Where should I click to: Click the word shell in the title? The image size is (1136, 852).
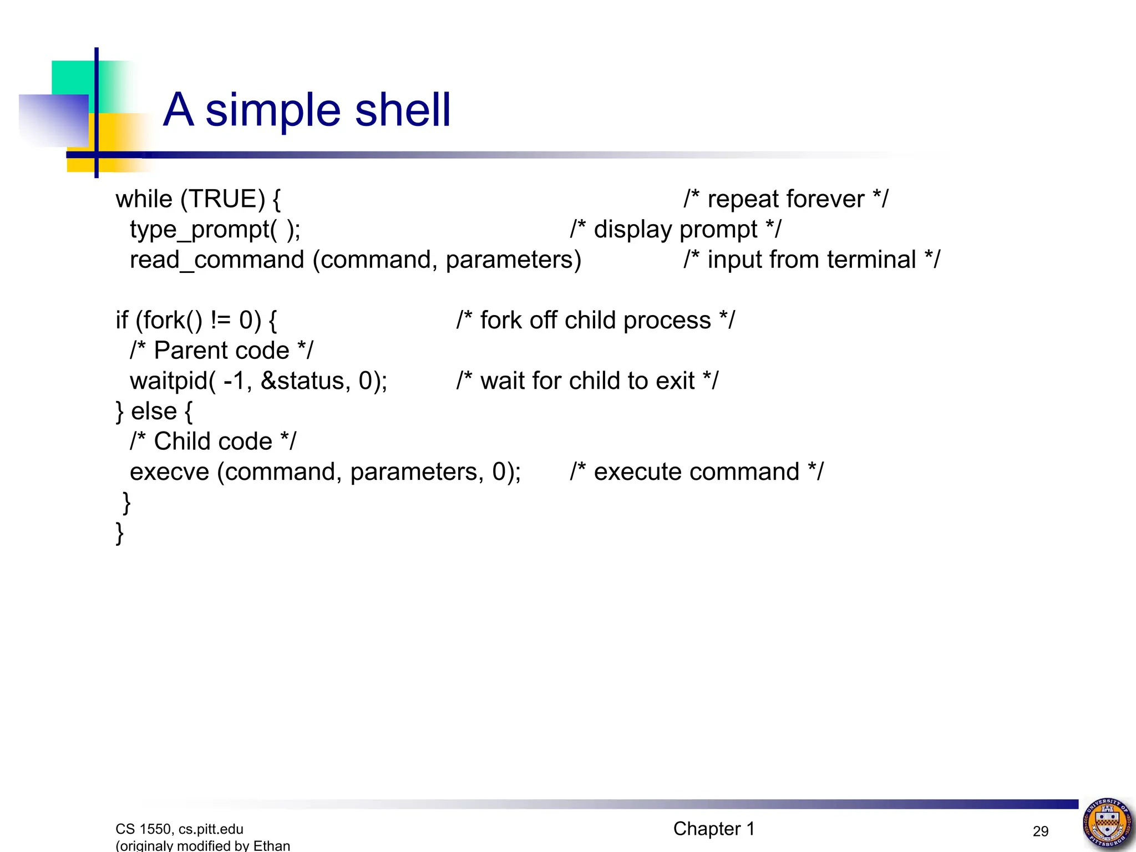403,110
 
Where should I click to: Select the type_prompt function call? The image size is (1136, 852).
215,230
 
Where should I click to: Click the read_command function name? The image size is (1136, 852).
217,260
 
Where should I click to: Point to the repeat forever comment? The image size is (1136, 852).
785,199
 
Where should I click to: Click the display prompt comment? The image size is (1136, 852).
675,230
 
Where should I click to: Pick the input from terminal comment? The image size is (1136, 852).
812,260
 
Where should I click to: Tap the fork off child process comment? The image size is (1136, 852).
595,321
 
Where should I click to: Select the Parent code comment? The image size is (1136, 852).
221,351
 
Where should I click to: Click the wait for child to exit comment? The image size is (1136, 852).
587,381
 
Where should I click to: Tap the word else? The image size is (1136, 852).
154,412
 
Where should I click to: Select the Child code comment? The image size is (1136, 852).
213,442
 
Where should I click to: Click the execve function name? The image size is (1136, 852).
169,472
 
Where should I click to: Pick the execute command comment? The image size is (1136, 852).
697,472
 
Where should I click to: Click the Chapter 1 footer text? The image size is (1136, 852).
714,829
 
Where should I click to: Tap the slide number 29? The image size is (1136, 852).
1041,831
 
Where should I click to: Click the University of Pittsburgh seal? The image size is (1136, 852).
1107,823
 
